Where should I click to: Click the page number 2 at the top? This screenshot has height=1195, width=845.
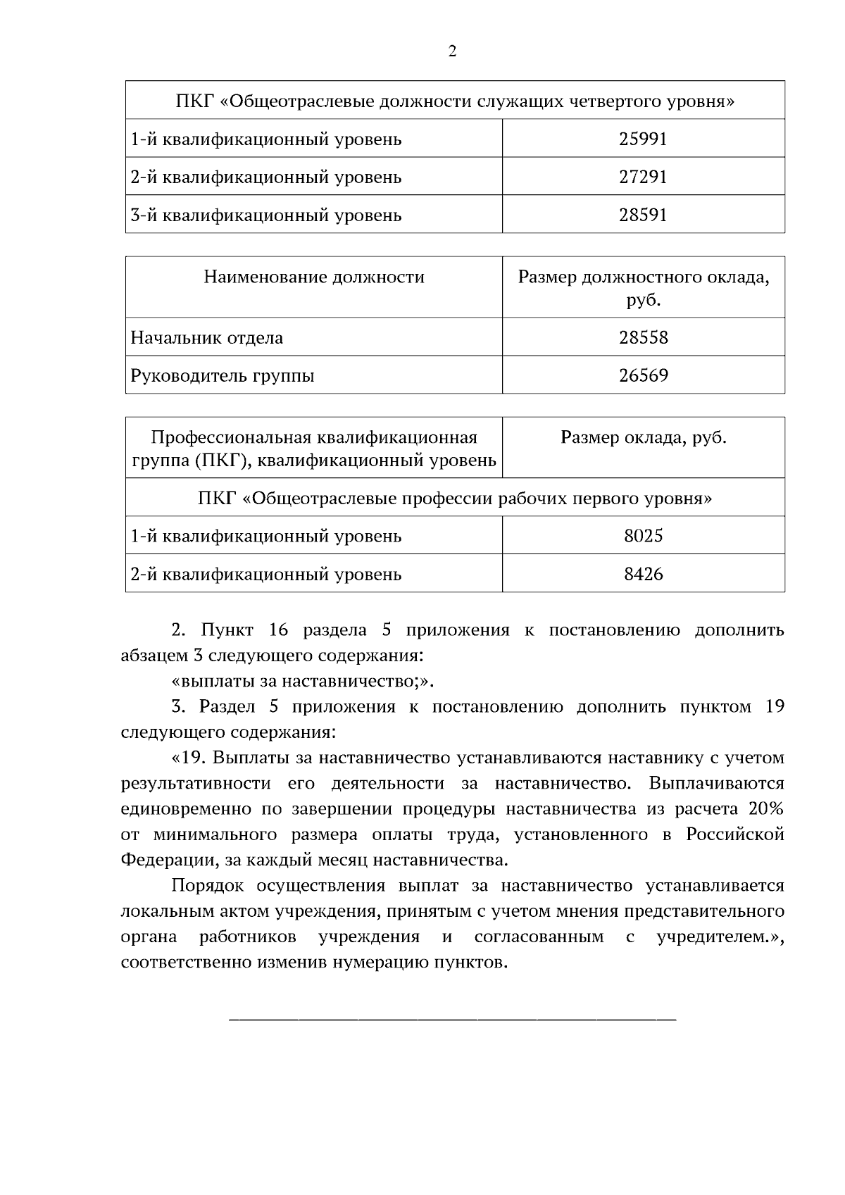(x=452, y=51)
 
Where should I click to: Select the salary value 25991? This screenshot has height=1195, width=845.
(x=643, y=139)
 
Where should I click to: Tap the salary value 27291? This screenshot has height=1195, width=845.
(x=643, y=177)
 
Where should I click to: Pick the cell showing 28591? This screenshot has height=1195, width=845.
(x=643, y=215)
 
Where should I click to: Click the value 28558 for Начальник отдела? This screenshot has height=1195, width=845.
(x=643, y=337)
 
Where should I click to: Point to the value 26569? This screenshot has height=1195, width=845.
(x=643, y=375)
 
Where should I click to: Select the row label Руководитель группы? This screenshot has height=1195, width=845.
(x=223, y=375)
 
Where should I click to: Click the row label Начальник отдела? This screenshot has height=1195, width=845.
(x=207, y=337)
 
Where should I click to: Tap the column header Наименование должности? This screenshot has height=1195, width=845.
(x=314, y=277)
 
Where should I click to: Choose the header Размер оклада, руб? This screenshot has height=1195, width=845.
(x=643, y=437)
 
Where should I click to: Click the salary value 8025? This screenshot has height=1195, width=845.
(x=643, y=536)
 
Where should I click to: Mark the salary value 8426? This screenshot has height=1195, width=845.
(x=643, y=574)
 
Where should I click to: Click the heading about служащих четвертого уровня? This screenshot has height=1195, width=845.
(x=455, y=101)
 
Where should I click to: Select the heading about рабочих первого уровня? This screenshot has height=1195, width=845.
(x=455, y=499)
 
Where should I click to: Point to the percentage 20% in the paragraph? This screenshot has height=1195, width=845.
(x=766, y=808)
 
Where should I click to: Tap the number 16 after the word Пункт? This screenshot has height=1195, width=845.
(x=280, y=630)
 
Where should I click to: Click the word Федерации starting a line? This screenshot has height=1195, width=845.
(x=166, y=860)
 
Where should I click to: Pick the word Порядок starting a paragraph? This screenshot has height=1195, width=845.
(x=207, y=885)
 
